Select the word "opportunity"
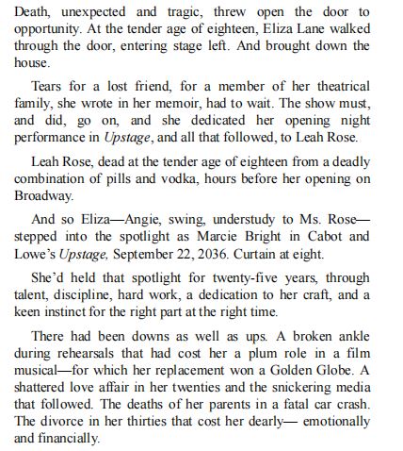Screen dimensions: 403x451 [x=44, y=29]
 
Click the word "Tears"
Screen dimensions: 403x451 [x=50, y=86]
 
